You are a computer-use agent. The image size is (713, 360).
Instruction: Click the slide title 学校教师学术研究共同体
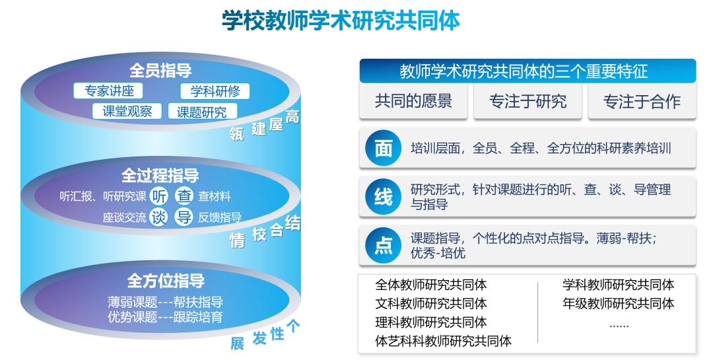(x=341, y=20)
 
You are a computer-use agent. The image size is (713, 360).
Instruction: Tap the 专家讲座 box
(x=109, y=91)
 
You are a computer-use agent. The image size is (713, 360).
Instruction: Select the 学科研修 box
(x=215, y=91)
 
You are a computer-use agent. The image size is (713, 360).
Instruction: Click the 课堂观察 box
(x=127, y=112)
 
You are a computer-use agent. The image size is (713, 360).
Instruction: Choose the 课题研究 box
(x=202, y=112)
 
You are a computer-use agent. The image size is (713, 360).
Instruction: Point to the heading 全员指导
(x=160, y=71)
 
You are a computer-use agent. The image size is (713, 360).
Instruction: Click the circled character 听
(x=159, y=196)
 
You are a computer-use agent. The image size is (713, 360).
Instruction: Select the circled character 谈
(x=159, y=217)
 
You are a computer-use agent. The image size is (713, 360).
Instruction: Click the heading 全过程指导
(x=160, y=176)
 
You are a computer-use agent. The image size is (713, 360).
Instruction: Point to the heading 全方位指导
(x=166, y=281)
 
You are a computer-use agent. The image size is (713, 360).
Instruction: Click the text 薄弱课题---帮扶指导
(x=166, y=303)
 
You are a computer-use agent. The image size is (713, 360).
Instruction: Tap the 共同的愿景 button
(x=413, y=101)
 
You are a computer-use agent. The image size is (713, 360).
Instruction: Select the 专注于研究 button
(x=527, y=101)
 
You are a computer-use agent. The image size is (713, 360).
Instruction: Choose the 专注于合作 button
(x=642, y=101)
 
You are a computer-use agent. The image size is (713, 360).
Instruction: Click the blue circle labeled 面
(x=384, y=149)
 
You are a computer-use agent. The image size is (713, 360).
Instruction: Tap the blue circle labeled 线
(x=384, y=197)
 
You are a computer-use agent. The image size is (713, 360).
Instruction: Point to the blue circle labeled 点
(x=384, y=246)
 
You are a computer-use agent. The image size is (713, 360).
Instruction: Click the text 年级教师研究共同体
(x=619, y=303)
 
